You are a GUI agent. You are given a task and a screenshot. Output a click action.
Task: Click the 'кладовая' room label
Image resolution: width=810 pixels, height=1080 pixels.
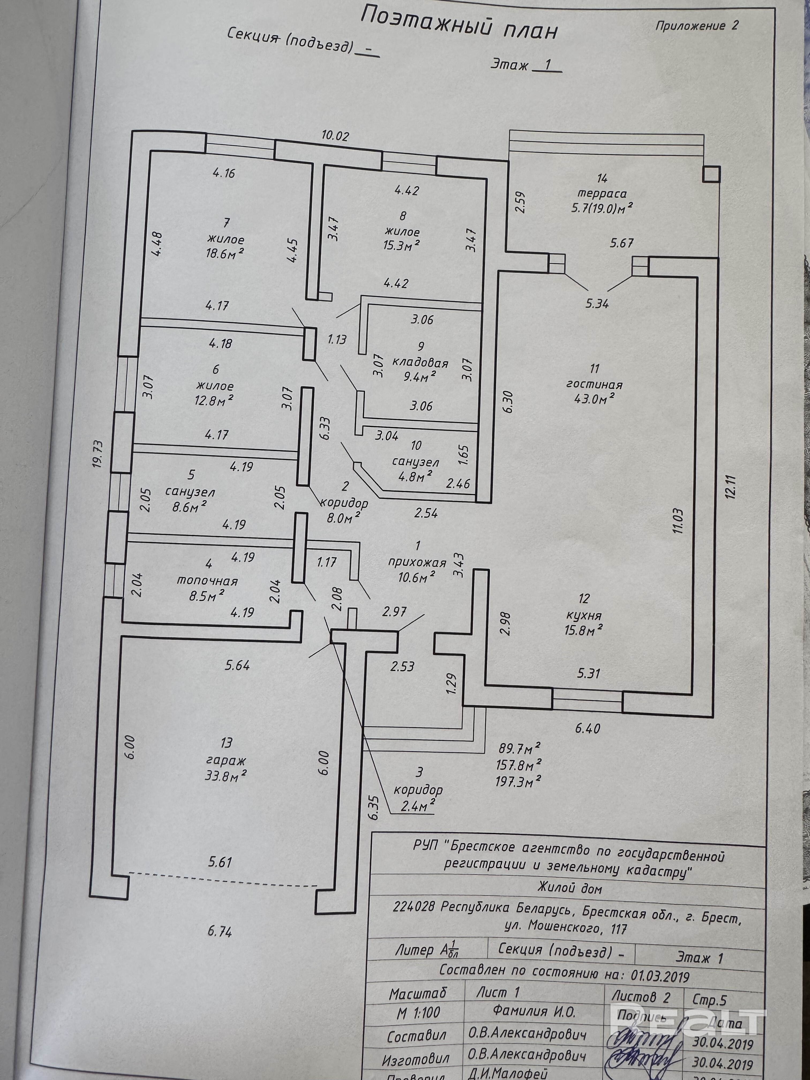click(x=420, y=363)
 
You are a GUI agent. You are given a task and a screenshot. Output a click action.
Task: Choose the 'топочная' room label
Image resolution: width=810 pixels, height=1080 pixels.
click(x=207, y=581)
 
